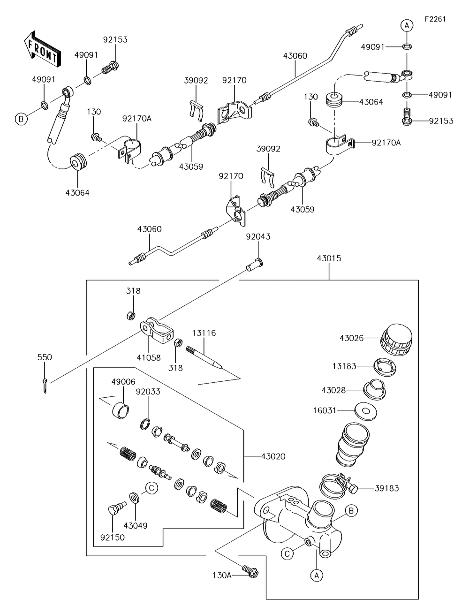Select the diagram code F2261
click(435, 19)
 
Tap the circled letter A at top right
click(407, 26)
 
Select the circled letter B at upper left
click(21, 119)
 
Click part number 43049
click(136, 526)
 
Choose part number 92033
click(148, 391)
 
